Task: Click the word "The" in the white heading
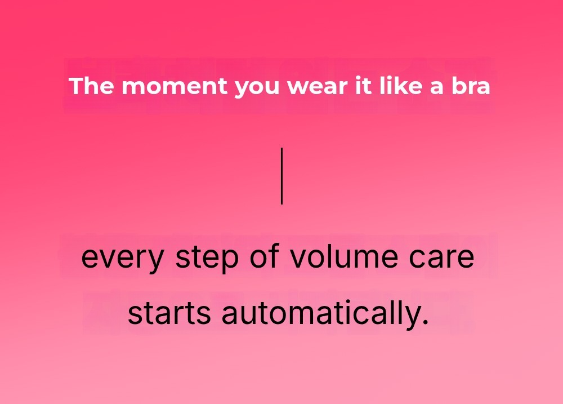[x=91, y=86]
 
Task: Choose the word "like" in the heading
[x=401, y=86]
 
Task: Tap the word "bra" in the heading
[x=471, y=86]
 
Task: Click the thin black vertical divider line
[x=282, y=176]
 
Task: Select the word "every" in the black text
[x=123, y=259]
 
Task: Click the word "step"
[x=207, y=258]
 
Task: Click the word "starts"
[x=169, y=312]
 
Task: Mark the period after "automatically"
[x=426, y=321]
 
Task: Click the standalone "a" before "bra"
[x=437, y=88]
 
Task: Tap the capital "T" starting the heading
[x=77, y=86]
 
